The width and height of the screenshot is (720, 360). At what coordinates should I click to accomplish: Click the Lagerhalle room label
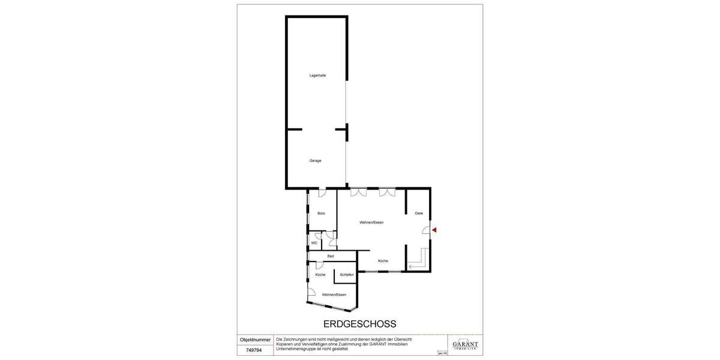[317, 75]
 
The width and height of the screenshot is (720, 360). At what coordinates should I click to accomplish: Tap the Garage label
[315, 161]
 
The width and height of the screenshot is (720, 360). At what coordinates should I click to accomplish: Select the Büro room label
[321, 214]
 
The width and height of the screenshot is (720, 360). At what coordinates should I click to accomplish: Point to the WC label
[314, 243]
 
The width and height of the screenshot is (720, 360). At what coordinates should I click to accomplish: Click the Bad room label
[330, 257]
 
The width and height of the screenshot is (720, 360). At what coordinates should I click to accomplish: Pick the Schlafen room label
[346, 275]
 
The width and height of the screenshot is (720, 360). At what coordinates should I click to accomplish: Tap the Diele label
[419, 214]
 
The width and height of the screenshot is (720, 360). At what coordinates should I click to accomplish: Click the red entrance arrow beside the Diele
[434, 230]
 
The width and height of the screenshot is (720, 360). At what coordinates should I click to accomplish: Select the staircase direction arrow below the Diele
[412, 266]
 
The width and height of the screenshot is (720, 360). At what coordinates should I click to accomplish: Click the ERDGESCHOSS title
[359, 324]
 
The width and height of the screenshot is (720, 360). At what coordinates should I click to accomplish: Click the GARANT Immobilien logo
[465, 345]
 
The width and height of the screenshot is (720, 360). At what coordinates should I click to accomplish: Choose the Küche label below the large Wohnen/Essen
[383, 261]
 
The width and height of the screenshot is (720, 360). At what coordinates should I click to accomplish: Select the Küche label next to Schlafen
[320, 275]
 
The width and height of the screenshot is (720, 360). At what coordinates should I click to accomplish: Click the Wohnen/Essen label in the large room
[371, 223]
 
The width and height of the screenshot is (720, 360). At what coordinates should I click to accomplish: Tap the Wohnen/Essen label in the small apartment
[334, 295]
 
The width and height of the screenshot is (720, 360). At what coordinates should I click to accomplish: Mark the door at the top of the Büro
[322, 192]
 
